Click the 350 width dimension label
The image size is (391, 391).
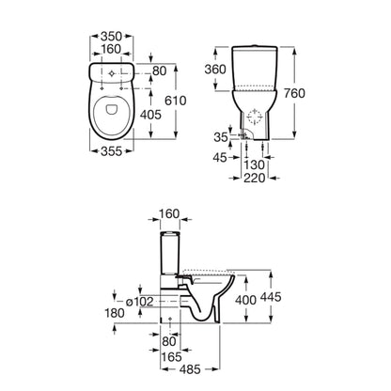point(111,37)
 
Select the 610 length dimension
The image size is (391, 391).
point(176,101)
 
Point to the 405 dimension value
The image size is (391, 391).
point(150,115)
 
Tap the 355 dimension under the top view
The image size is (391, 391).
point(111,151)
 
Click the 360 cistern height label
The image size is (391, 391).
point(215,70)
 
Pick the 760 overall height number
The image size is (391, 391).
point(294,93)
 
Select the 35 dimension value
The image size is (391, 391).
point(221,137)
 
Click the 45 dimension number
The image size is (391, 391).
point(220,158)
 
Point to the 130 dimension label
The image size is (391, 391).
point(255,164)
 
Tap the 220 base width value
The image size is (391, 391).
point(255,178)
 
